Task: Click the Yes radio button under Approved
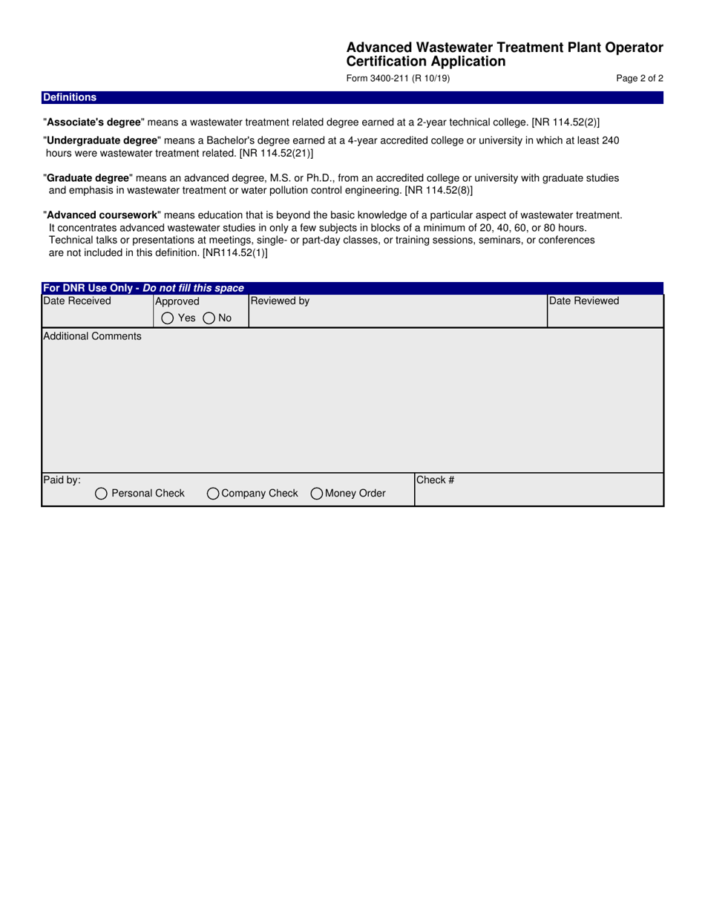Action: point(168,318)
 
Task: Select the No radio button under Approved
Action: point(209,318)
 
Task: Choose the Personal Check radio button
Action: point(102,494)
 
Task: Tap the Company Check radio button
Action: point(213,494)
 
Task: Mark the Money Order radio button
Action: point(317,494)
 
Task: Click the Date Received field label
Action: point(77,301)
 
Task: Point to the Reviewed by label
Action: point(280,301)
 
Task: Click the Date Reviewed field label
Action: point(584,301)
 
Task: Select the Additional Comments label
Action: point(92,336)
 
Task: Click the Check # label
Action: point(435,480)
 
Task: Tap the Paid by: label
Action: point(62,480)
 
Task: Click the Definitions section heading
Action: point(70,97)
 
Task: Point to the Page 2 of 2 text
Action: point(640,78)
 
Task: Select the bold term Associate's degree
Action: point(94,122)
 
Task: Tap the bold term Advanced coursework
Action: point(102,215)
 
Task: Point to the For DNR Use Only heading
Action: point(143,288)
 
